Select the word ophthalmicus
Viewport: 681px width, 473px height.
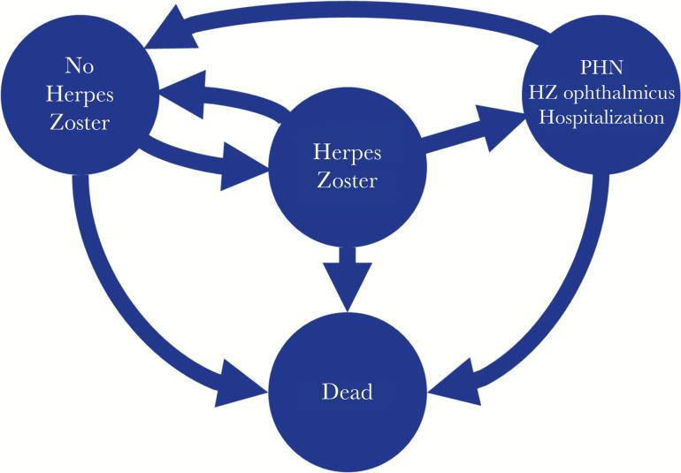[x=624, y=93]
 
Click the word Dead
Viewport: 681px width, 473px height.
[x=347, y=390]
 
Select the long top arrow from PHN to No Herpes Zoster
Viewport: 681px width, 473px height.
[x=354, y=19]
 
